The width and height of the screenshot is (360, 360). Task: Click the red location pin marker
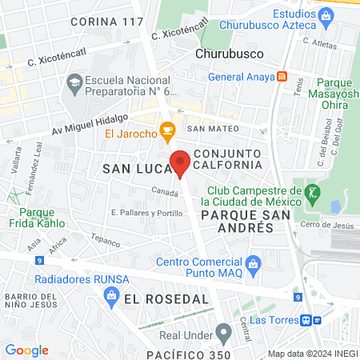click(181, 162)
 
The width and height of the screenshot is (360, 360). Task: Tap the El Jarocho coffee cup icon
click(167, 130)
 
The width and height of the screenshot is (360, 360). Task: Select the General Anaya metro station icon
click(282, 77)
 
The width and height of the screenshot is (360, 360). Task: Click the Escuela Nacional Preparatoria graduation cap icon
click(74, 82)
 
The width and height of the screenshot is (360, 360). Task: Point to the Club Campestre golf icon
click(313, 192)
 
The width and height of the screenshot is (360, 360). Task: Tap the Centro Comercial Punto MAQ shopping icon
click(254, 263)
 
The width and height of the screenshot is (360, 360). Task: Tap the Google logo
click(26, 350)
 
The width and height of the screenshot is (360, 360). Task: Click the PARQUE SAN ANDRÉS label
click(237, 222)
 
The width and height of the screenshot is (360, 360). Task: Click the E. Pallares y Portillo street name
click(142, 213)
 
